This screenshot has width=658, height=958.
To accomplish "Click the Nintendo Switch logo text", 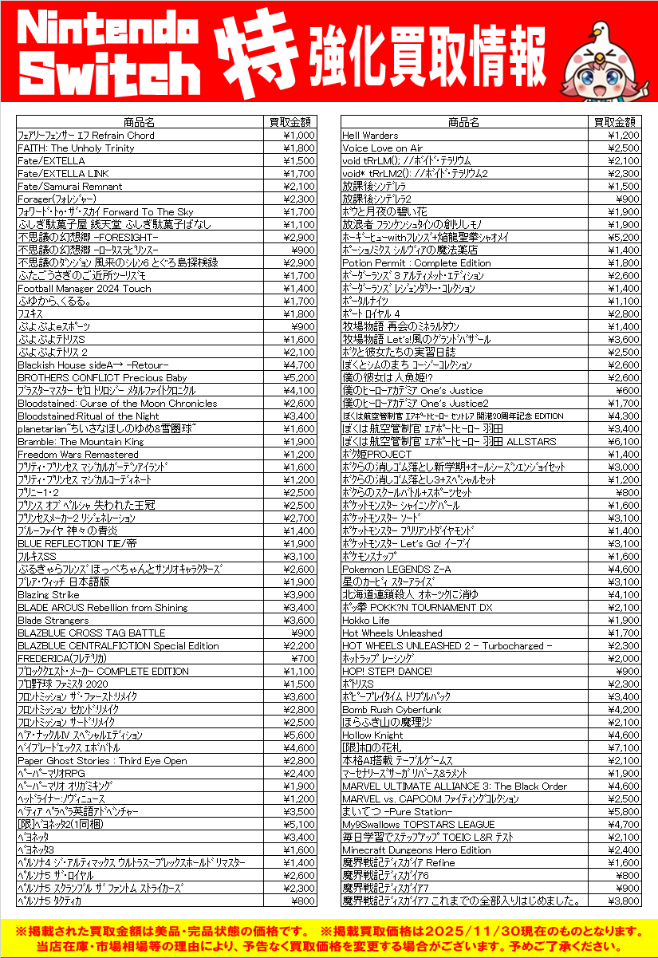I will [109, 52].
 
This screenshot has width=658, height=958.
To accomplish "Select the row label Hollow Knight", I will [368, 735].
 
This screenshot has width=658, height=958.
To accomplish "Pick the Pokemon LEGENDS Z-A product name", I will [396, 570].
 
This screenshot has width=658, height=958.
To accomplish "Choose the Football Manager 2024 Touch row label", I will [84, 289].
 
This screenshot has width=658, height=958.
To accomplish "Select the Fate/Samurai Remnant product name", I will [70, 187].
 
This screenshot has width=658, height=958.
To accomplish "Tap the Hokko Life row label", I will [366, 621].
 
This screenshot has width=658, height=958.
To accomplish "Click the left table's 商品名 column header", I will [140, 122].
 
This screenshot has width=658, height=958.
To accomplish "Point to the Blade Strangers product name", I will [53, 621].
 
